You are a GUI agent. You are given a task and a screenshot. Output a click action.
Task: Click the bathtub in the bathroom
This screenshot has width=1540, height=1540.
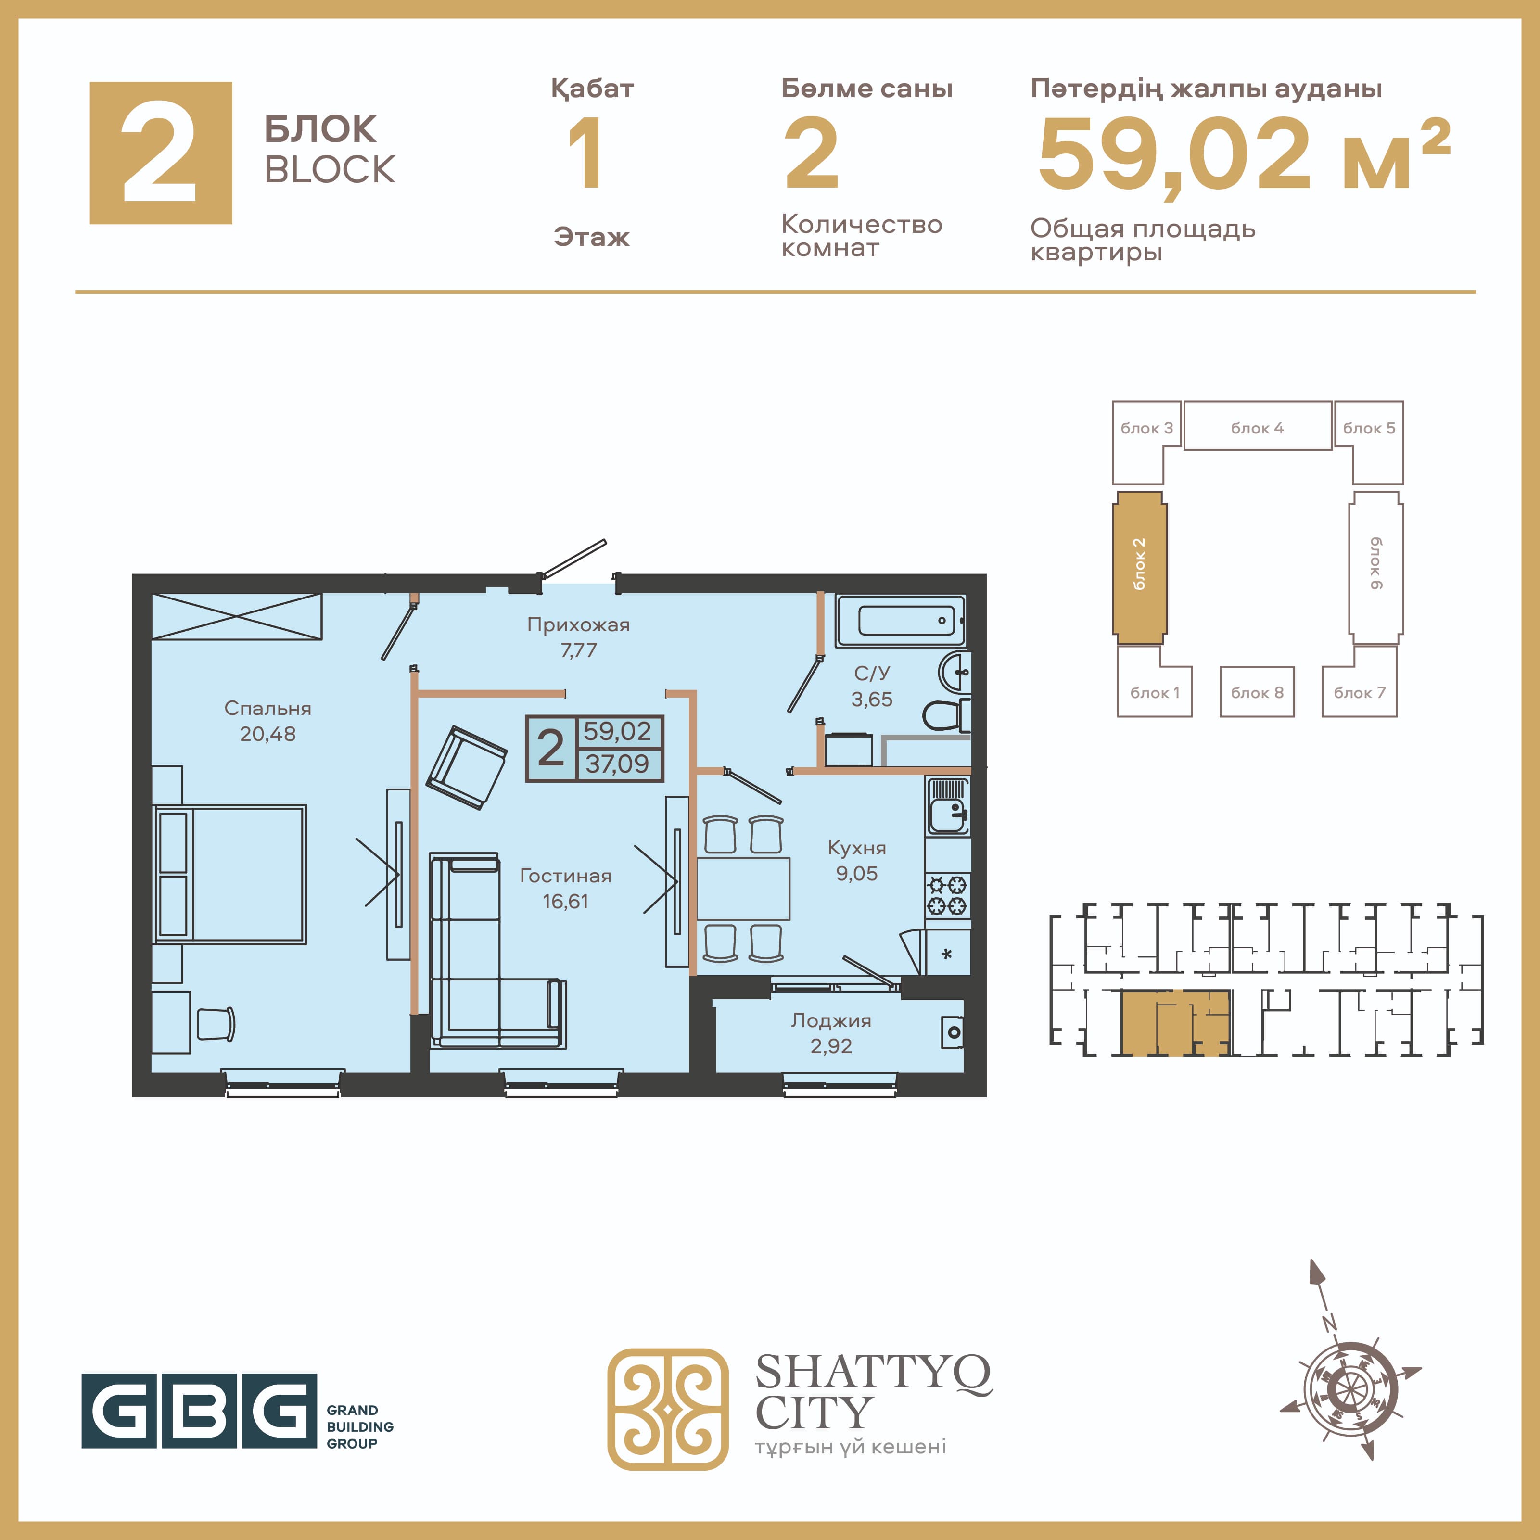901,620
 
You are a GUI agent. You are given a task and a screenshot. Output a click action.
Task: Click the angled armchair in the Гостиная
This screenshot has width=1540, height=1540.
466,767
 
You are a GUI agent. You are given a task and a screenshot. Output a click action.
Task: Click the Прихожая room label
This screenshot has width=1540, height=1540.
579,625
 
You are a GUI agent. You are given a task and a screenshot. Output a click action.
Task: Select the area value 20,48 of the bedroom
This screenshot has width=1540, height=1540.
268,734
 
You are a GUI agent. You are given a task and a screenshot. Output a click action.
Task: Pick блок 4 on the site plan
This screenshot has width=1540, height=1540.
1258,426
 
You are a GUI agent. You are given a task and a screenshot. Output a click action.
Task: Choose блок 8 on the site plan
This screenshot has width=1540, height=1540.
1257,692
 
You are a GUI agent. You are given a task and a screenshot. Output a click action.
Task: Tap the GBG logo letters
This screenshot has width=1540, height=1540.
199,1412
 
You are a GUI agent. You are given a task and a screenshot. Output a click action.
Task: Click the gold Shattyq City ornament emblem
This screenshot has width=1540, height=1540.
668,1409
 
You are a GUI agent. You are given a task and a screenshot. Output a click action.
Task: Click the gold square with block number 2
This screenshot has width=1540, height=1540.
161,153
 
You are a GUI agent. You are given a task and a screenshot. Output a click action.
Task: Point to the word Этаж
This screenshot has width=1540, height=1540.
591,237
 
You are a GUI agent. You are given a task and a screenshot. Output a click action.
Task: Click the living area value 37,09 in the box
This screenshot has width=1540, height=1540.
618,764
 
